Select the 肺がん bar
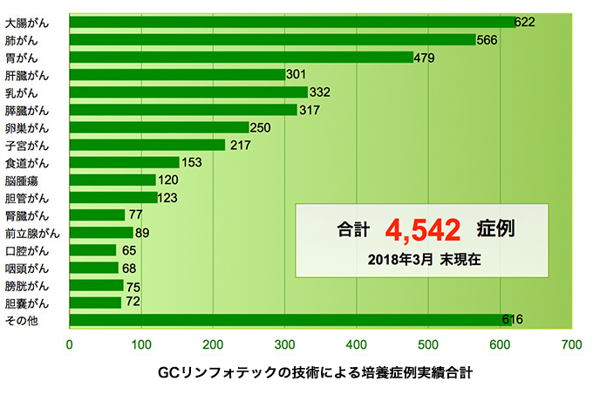(272, 39)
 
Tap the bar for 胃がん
(242, 58)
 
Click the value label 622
(524, 22)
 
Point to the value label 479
(424, 58)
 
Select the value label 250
(260, 127)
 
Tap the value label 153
(190, 162)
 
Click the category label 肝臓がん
(28, 75)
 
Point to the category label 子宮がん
(28, 145)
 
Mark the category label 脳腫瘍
(22, 180)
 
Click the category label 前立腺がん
(33, 233)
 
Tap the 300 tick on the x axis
(284, 344)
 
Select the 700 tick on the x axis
(571, 344)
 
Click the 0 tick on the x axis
(70, 344)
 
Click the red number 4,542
(422, 230)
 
